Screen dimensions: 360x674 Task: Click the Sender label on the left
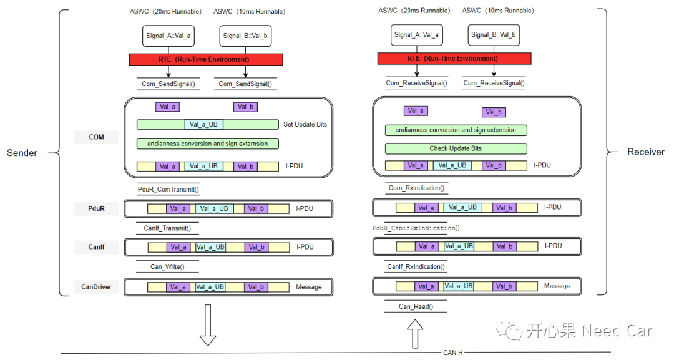pos(22,152)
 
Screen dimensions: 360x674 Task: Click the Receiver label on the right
pos(645,152)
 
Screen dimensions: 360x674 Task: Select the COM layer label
pos(96,137)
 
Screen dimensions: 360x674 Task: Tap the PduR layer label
pos(96,208)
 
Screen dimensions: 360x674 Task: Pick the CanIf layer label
pos(96,247)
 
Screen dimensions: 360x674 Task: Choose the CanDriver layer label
pos(96,287)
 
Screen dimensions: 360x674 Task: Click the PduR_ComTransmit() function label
pos(168,189)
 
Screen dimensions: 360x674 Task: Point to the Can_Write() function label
pos(167,266)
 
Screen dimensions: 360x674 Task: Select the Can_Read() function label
pos(416,306)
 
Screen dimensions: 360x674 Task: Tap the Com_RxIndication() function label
pos(416,188)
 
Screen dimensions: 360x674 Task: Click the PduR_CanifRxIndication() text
pos(416,228)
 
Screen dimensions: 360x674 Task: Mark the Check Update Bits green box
pos(456,148)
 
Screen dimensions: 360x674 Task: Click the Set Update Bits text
pos(305,124)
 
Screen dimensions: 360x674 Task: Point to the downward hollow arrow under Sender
pos(208,325)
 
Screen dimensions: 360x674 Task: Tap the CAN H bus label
pos(453,353)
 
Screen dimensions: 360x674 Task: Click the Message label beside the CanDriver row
pos(309,287)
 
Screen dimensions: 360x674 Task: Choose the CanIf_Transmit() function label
pos(167,228)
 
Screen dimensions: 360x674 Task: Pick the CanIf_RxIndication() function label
pos(416,267)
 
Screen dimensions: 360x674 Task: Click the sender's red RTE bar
pos(206,59)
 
